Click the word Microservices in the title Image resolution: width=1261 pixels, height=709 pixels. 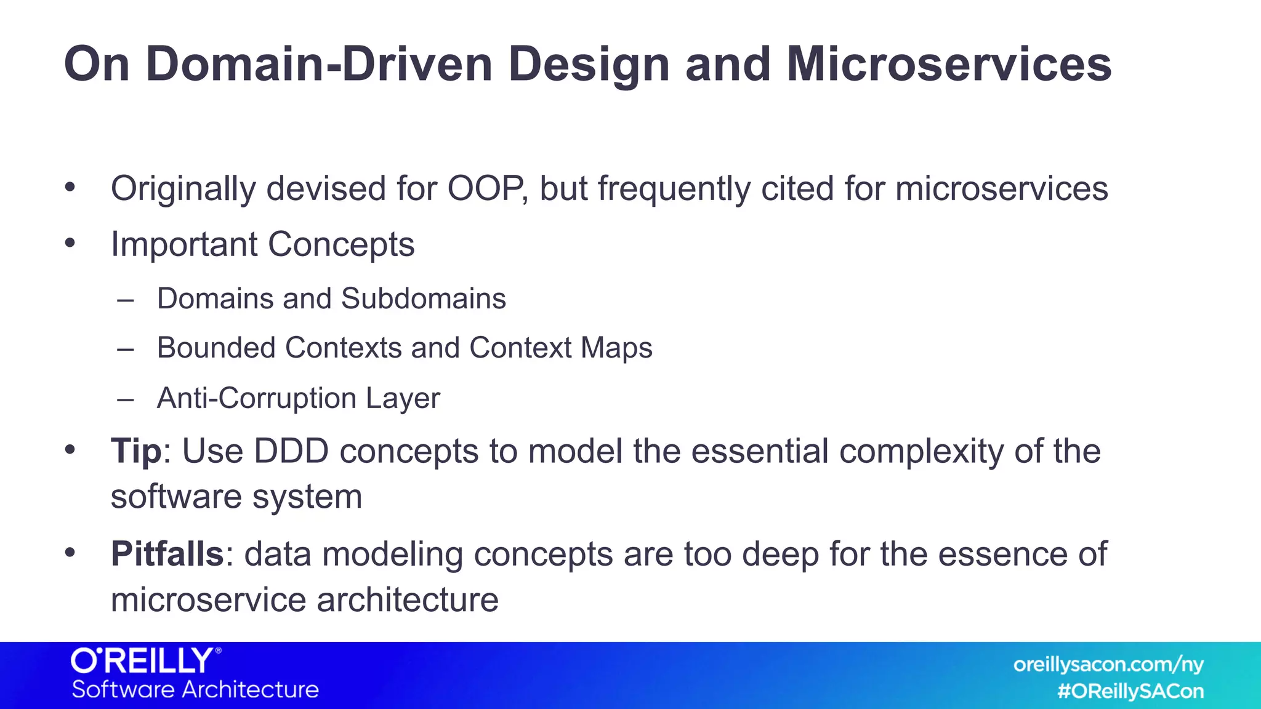coord(949,64)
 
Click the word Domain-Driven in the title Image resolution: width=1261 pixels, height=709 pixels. coord(319,64)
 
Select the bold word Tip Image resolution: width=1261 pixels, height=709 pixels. coord(135,451)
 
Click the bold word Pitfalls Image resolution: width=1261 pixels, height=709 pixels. coord(167,554)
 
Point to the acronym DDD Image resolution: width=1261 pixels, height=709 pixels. coord(291,451)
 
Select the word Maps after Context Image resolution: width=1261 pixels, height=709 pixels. coord(616,348)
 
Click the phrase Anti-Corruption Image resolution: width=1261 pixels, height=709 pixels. coord(256,398)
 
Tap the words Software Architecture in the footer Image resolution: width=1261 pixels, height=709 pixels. coord(195,689)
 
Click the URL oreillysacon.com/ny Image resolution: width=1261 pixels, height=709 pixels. coord(1108,665)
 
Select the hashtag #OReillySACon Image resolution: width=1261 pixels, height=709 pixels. coord(1130,691)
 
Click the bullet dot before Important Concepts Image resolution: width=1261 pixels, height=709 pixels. coord(70,243)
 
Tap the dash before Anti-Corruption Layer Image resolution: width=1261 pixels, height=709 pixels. coord(126,399)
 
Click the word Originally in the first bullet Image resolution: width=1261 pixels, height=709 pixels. coord(183,189)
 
